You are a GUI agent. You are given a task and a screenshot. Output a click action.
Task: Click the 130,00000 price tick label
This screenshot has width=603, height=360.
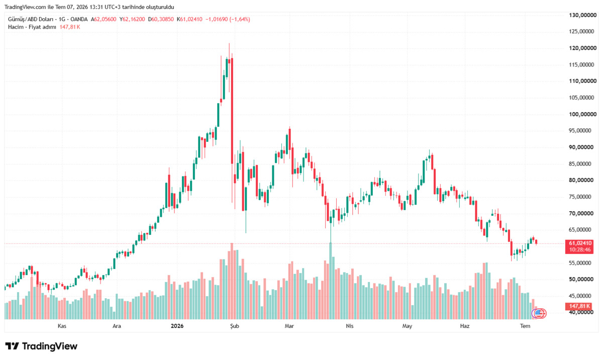point(583,15)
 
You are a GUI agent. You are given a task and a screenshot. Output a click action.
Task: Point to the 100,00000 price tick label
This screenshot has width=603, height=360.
point(583,114)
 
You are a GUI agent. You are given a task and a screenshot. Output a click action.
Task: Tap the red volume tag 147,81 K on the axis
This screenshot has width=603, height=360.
point(579,306)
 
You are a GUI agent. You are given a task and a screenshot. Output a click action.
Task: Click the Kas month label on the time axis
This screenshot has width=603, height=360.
point(62,326)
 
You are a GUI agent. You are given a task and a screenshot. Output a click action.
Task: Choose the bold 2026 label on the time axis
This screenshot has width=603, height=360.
point(177,326)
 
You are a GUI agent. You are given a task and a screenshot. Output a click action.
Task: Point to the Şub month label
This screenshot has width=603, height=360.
point(235,326)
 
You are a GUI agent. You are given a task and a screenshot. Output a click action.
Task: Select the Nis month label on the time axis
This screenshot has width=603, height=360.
point(349,326)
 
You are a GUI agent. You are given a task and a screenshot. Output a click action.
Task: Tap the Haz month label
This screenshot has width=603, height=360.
point(465,326)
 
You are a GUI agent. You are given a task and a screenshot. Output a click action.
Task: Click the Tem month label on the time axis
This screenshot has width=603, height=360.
point(525,326)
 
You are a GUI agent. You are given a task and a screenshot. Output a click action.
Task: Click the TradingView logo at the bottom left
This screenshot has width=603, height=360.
point(41,346)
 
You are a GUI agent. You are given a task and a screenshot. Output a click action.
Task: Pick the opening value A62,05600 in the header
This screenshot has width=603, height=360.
point(104,20)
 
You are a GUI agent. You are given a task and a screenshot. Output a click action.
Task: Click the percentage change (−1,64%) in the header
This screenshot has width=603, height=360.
point(240,20)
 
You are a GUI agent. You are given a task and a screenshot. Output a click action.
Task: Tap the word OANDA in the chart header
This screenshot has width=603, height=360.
point(79,20)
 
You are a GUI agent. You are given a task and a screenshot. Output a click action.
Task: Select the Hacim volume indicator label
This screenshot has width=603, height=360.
point(16,27)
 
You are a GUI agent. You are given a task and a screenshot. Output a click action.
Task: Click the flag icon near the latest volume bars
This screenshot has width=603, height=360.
point(538,313)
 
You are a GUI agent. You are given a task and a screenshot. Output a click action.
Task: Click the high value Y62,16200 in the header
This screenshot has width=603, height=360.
point(132,20)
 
